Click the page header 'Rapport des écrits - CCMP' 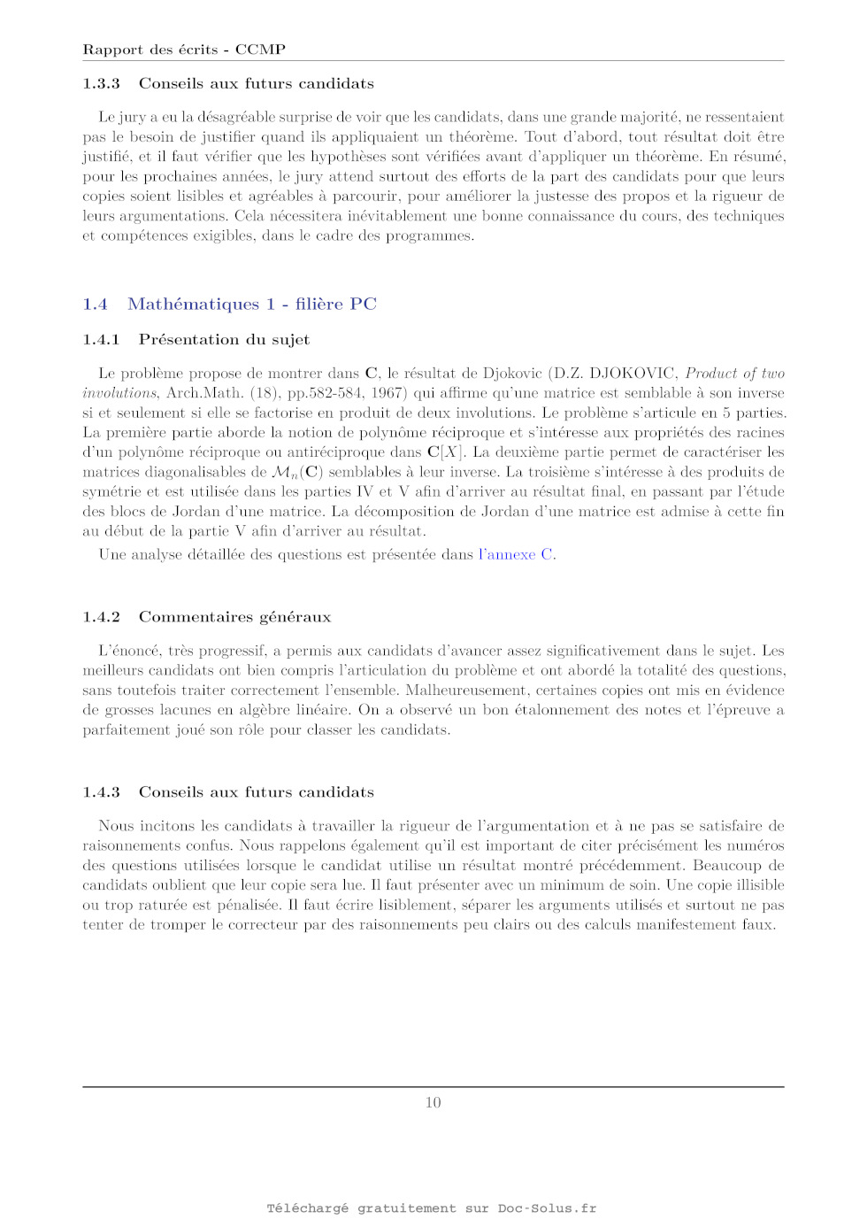pyautogui.click(x=184, y=50)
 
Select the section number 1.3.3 pyautogui.click(x=101, y=83)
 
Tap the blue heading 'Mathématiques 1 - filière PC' pyautogui.click(x=252, y=305)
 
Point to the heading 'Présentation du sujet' pyautogui.click(x=224, y=340)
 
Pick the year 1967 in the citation pyautogui.click(x=387, y=393)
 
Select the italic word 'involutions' pyautogui.click(x=119, y=393)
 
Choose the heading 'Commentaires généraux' pyautogui.click(x=234, y=617)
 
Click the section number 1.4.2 pyautogui.click(x=101, y=617)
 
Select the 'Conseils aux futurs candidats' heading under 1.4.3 pyautogui.click(x=256, y=792)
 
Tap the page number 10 pyautogui.click(x=433, y=1102)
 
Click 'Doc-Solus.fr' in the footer pyautogui.click(x=547, y=1208)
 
